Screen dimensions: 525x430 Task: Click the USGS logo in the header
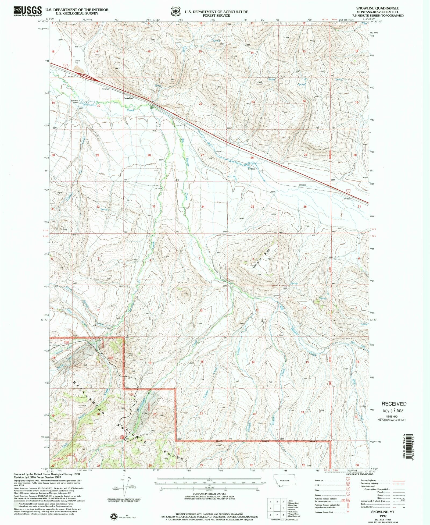coord(28,11)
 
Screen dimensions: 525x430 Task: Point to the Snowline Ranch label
coord(74,101)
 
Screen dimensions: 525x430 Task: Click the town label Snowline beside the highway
coord(128,98)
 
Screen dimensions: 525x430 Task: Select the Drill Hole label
coord(158,189)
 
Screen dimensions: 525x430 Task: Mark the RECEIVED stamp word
coord(394,404)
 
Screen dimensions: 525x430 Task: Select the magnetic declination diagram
coord(124,487)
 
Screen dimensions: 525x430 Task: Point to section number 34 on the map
coord(203,207)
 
